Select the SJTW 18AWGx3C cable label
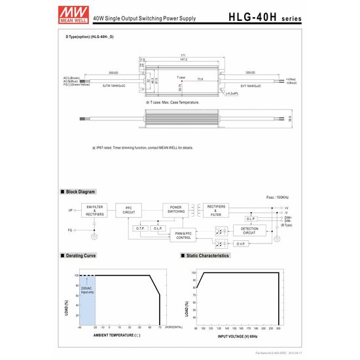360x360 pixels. (116, 85)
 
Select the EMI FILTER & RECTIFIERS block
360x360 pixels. (95, 209)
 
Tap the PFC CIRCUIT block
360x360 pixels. (129, 209)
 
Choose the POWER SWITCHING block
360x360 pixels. (175, 209)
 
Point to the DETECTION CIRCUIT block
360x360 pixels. (249, 231)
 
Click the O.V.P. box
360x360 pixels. (240, 244)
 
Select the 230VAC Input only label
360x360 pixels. (86, 289)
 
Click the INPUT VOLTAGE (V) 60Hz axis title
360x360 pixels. (241, 336)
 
